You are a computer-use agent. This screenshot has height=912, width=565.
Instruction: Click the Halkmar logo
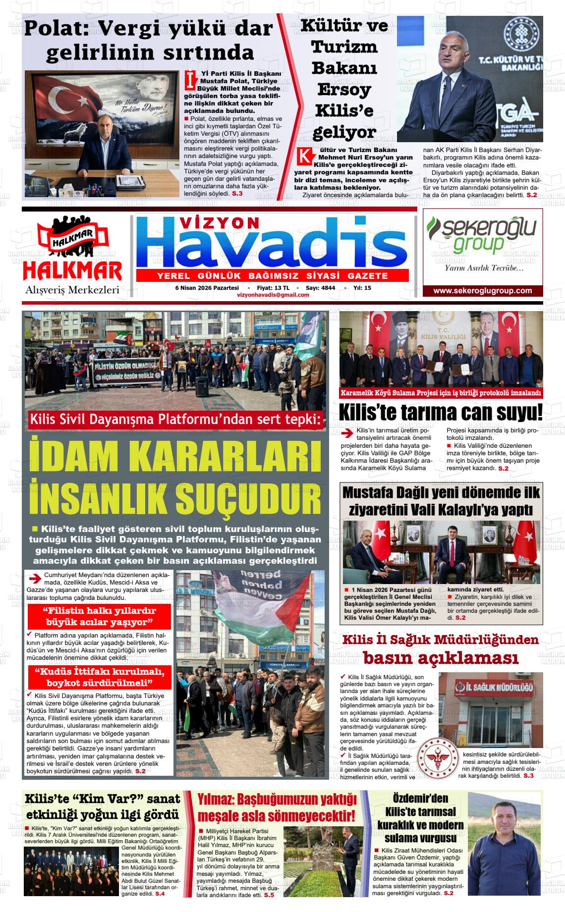(x=72, y=253)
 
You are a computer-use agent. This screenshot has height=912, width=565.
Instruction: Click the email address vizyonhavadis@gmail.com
(x=273, y=295)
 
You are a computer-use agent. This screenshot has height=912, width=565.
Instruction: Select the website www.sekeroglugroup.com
(x=482, y=291)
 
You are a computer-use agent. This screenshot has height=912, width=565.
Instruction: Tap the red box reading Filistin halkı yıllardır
(x=99, y=616)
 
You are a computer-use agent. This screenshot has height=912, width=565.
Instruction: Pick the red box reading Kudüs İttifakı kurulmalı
(x=99, y=677)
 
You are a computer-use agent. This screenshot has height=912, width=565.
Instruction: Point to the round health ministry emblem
(x=438, y=758)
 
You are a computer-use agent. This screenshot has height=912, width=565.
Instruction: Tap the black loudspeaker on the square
(x=202, y=386)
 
